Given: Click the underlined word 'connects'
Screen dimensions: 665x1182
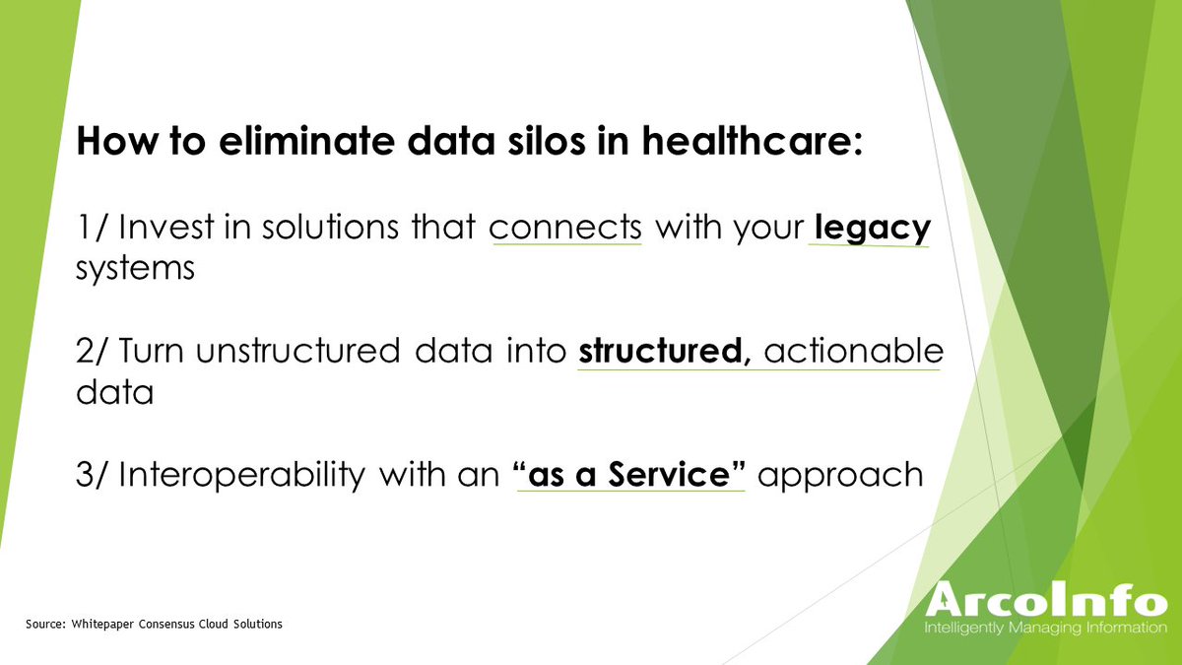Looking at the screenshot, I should (565, 229).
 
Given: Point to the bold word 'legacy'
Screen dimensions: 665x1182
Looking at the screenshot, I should (870, 229).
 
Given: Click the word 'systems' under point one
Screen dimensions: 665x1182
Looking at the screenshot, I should (134, 270).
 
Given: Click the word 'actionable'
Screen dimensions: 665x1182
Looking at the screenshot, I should (853, 352).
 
